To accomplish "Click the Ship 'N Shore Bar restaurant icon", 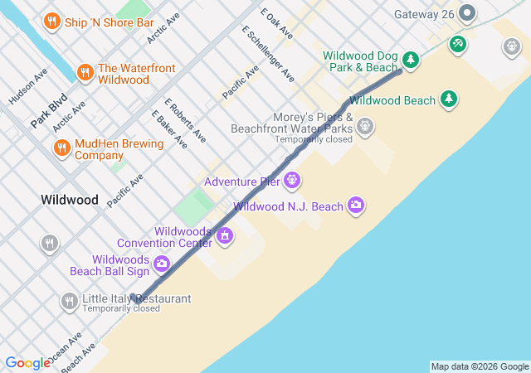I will click(51, 20).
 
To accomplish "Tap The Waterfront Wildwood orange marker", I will click(84, 73).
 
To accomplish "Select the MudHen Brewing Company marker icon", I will click(61, 148).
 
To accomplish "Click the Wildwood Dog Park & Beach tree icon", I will click(410, 60).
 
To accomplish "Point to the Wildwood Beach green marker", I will click(449, 100).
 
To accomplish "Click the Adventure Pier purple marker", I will click(292, 181).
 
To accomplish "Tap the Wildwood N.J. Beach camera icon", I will click(356, 205).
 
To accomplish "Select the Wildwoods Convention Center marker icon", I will click(224, 237).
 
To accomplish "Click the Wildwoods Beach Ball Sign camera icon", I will click(162, 264).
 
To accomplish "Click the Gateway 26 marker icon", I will click(467, 13).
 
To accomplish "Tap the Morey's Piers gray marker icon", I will click(364, 127).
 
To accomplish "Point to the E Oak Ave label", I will click(276, 23).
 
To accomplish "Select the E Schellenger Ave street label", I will click(268, 53).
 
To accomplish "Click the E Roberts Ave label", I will click(184, 120).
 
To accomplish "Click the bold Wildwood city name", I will click(70, 200).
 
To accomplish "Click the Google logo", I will click(27, 363).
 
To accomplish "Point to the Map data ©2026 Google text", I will click(480, 366).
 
